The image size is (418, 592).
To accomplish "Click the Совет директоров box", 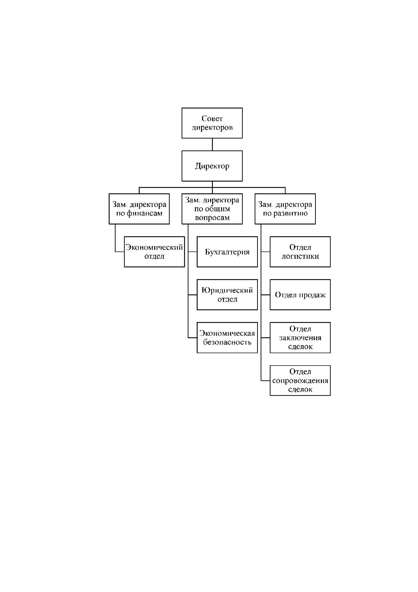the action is tap(212, 123).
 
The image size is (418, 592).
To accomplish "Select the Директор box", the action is tap(212, 166).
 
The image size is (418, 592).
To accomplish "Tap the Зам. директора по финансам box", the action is tap(139, 209).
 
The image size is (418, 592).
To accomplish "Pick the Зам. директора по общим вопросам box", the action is tap(212, 209).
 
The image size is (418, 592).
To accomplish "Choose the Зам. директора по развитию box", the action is tap(285, 209).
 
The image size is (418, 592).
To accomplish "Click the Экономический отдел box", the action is tap(155, 252).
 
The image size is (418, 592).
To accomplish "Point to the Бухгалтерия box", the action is tap(227, 252).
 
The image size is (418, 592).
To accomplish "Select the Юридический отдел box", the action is tap(227, 295).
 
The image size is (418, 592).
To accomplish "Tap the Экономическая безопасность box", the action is tap(227, 337).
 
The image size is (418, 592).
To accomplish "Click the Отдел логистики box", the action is tap(300, 252).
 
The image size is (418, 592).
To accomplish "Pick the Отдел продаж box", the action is tap(300, 295).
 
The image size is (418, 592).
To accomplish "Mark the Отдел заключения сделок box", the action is tap(300, 337).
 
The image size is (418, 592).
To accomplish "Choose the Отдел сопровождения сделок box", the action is tap(300, 381).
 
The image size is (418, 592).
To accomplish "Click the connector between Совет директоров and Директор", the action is tap(212, 144).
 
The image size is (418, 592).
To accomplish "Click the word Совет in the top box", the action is tap(212, 118).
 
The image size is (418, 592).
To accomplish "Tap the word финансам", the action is tap(144, 213).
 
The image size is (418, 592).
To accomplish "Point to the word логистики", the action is tap(300, 256).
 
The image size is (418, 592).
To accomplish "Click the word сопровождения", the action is tap(300, 381).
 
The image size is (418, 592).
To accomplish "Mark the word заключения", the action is tap(300, 338).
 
